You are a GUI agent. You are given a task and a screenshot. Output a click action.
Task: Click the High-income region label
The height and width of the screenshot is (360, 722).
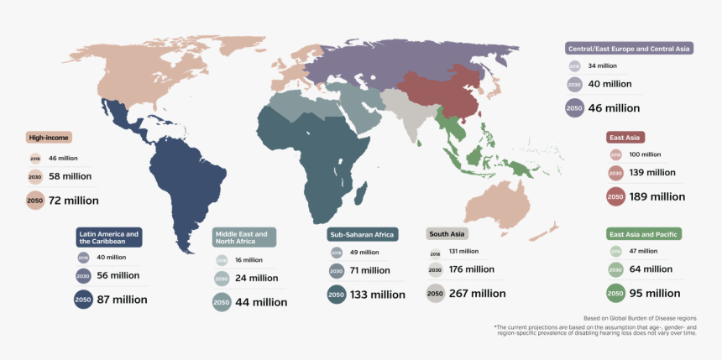coord(49,138)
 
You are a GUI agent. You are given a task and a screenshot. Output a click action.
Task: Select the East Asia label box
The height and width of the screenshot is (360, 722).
coord(625,137)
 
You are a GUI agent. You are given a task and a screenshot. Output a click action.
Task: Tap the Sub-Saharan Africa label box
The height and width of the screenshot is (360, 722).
coord(362,234)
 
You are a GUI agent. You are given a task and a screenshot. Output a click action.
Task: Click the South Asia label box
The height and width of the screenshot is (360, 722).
coord(447,234)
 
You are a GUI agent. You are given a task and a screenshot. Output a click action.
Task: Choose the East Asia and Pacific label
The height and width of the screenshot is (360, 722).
coord(643,234)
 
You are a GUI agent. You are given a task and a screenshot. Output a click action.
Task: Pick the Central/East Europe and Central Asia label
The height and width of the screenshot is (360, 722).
coord(629,49)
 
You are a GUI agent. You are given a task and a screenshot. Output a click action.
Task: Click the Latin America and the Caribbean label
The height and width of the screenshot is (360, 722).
coord(108,237)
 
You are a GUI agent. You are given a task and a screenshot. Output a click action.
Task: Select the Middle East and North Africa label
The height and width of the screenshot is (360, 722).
coord(244,237)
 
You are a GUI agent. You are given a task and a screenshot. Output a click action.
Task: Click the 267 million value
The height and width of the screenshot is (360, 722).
coord(478,294)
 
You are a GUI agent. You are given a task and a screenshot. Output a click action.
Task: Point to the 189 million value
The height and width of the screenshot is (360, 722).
coord(657,196)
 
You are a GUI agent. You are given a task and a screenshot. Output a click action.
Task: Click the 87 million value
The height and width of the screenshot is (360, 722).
coord(123,300)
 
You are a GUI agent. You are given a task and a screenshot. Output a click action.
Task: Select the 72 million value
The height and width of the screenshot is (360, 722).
coord(73,201)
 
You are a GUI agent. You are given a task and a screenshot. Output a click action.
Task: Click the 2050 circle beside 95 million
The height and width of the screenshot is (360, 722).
coord(615,294)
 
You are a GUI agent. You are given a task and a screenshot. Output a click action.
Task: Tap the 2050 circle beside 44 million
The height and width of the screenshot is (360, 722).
coord(222,302)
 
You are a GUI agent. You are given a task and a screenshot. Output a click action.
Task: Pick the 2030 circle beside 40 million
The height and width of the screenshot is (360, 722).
coord(575,84)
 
